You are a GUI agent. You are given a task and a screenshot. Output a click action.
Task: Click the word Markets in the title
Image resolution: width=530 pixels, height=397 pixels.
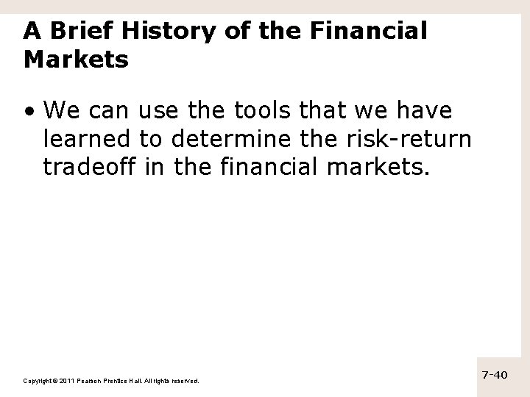[x=76, y=59]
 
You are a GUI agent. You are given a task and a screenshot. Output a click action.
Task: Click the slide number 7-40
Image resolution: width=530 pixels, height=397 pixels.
[x=495, y=375]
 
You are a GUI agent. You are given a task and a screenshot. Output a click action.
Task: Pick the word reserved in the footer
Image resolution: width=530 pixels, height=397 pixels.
[x=184, y=380]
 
